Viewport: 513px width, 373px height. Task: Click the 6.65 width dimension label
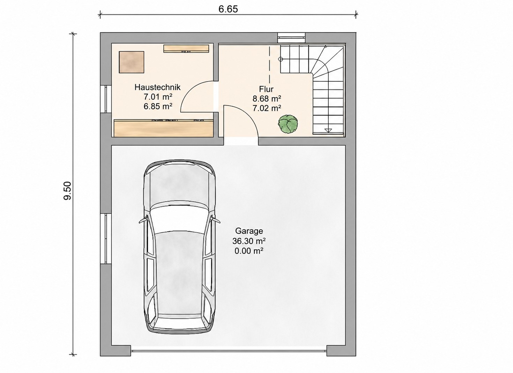228,9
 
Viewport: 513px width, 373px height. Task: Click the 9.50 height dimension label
68,191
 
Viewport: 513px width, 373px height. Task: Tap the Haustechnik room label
158,87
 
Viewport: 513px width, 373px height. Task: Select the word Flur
266,89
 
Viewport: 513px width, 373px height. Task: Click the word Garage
249,231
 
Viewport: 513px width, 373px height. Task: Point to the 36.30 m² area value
249,241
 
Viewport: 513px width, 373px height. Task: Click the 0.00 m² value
249,251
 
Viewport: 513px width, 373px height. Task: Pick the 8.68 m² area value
267,99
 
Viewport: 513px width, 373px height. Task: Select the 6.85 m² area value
158,106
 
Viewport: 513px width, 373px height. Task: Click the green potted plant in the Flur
288,124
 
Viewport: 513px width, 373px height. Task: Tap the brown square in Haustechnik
132,62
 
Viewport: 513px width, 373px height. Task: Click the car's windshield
180,216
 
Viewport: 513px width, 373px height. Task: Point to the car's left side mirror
143,220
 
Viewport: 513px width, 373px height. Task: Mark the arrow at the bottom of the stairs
328,130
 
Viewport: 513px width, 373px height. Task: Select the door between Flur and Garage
241,121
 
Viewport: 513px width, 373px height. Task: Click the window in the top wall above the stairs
291,38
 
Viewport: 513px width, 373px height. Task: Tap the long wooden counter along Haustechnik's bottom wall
163,128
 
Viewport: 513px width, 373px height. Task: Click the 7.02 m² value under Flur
267,108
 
